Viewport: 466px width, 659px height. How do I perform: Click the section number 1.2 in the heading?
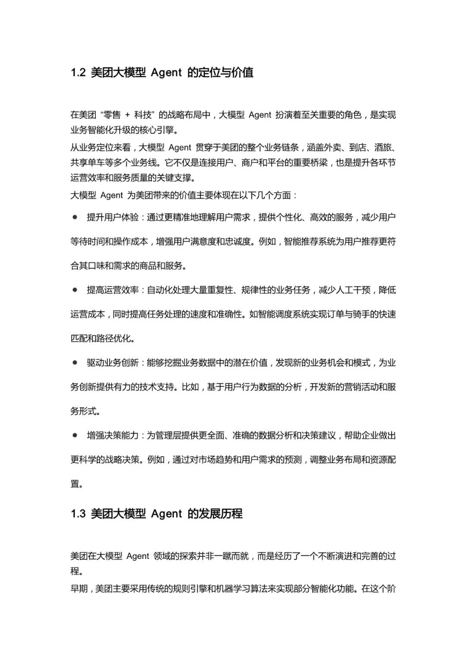78,73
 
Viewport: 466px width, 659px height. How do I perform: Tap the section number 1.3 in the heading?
78,514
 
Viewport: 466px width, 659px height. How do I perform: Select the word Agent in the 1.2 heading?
166,73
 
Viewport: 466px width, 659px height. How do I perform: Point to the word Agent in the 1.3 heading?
166,514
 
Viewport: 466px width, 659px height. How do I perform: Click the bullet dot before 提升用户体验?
75,217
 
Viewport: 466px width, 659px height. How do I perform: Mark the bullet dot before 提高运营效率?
75,290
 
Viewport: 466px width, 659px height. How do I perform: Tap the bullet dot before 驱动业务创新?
75,363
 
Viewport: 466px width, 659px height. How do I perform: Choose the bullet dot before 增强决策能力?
75,435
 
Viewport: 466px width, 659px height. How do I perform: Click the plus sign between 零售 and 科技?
127,115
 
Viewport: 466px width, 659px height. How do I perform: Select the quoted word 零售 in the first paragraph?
112,115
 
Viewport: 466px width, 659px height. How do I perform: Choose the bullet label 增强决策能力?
113,435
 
